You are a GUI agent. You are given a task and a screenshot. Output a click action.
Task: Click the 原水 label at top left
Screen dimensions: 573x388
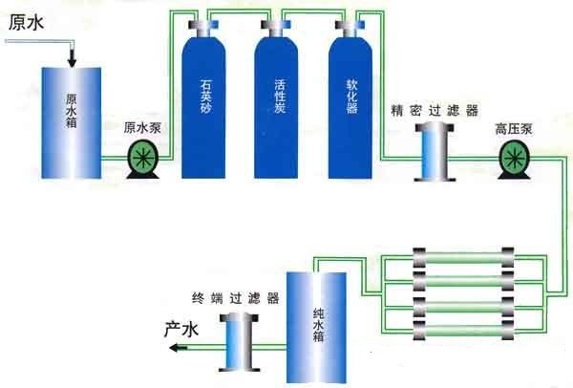[x=26, y=22]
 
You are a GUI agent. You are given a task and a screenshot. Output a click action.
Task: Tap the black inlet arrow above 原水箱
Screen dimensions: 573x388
[x=72, y=57]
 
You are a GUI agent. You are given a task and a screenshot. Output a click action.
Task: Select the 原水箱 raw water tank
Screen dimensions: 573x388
[x=72, y=123]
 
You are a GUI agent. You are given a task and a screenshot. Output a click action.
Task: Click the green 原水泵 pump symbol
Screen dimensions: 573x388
[x=143, y=160]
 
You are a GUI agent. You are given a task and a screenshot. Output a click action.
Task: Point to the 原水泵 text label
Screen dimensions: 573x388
[x=142, y=128]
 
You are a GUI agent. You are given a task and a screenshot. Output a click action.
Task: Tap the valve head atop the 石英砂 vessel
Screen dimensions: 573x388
[x=203, y=26]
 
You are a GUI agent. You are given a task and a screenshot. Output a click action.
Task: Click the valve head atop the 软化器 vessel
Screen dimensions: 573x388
[x=350, y=26]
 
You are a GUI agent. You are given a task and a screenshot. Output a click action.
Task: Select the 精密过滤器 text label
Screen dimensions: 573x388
[x=435, y=111]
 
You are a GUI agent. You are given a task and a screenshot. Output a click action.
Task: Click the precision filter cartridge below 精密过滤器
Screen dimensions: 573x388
[x=435, y=152]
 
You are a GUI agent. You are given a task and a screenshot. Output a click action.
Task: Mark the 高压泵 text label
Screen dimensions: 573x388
[x=514, y=129]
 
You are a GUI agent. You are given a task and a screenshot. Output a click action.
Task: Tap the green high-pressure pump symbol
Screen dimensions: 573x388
[x=514, y=160]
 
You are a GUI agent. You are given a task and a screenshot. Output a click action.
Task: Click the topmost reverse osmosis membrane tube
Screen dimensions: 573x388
[x=463, y=257]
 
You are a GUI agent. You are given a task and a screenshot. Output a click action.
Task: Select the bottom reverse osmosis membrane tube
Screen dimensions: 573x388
[x=463, y=331]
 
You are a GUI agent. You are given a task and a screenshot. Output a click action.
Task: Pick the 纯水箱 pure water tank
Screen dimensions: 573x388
[x=316, y=327]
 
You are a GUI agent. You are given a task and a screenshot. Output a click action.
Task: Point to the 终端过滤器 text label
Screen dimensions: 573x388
[x=236, y=298]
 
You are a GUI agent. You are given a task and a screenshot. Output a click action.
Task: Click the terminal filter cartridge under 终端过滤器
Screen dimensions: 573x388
[x=240, y=342]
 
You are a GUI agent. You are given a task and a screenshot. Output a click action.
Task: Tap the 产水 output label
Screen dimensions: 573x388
[x=181, y=329]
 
